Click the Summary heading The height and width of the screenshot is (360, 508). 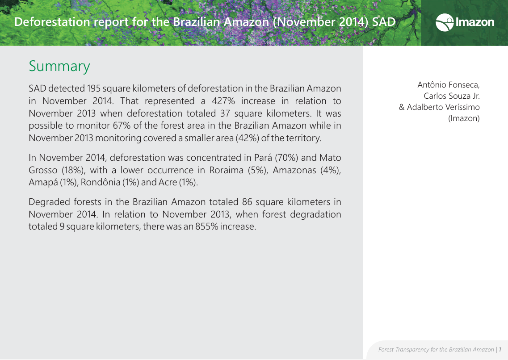[59, 66]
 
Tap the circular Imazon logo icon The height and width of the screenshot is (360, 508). [444, 22]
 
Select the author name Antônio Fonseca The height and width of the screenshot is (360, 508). [448, 84]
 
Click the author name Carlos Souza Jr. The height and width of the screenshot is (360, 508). [451, 96]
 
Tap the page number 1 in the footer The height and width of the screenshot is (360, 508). [500, 349]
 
